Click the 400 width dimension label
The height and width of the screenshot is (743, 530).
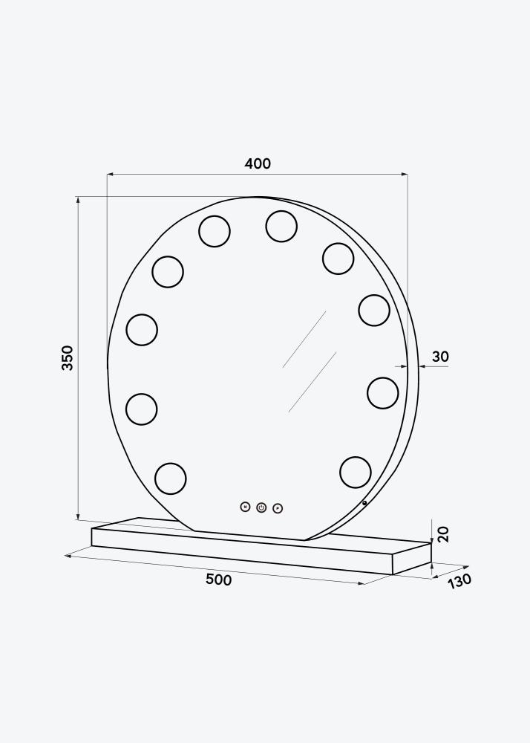coord(258,163)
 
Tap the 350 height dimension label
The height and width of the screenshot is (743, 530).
coord(68,357)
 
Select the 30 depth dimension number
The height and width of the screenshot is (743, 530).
coord(440,357)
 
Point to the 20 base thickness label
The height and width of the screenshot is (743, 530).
coord(443,534)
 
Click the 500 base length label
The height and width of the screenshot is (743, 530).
coord(218,580)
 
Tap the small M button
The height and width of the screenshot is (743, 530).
coord(245,507)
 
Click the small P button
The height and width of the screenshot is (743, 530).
coord(278,508)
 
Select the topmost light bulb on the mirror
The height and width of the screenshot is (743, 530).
coord(281,226)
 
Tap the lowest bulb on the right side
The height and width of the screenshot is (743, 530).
coord(355,471)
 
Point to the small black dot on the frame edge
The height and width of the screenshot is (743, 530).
coord(364,503)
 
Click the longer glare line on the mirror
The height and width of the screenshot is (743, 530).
coord(304,339)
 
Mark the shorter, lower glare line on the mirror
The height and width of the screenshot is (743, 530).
coord(313,382)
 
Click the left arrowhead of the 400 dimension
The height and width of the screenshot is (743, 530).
coord(110,175)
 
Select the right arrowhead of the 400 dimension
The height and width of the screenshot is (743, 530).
coord(405,175)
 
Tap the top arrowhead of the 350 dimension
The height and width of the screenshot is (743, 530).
coord(77,201)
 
